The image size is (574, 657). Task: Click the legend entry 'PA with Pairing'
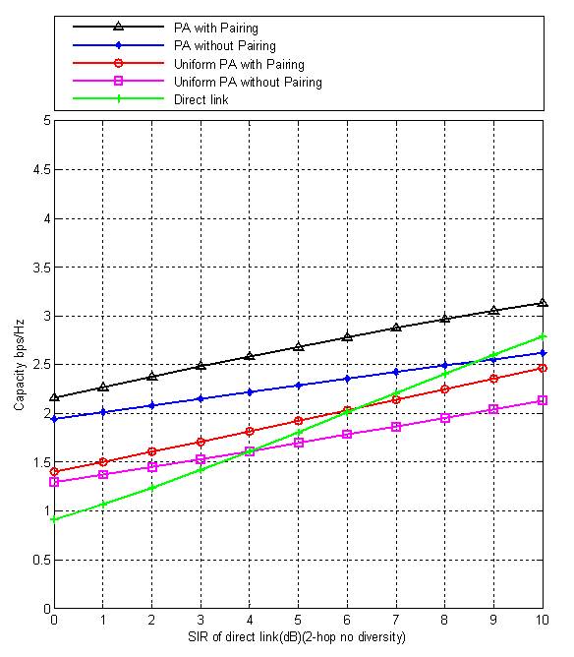[216, 29]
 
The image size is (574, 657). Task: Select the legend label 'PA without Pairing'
[225, 45]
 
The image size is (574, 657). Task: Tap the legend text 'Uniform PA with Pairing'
[239, 64]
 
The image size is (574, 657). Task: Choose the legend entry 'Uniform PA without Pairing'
[248, 82]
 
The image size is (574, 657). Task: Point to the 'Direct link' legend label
[201, 99]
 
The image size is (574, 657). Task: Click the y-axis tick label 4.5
[41, 170]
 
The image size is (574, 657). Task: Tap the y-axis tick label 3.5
[41, 268]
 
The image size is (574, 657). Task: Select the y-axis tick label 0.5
[41, 560]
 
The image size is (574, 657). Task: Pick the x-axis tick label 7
[396, 620]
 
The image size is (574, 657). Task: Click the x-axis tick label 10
[543, 620]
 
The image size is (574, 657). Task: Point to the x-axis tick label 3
[201, 620]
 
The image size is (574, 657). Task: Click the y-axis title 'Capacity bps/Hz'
[20, 365]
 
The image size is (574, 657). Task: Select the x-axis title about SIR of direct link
[297, 637]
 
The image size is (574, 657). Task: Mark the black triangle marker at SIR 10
[543, 303]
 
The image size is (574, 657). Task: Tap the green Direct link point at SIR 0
[54, 519]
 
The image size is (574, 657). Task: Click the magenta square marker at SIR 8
[445, 418]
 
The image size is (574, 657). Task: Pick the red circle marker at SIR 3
[201, 442]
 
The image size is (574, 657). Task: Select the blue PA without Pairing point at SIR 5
[298, 386]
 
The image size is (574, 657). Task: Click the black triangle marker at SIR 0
[54, 396]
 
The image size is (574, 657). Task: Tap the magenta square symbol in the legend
[119, 81]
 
